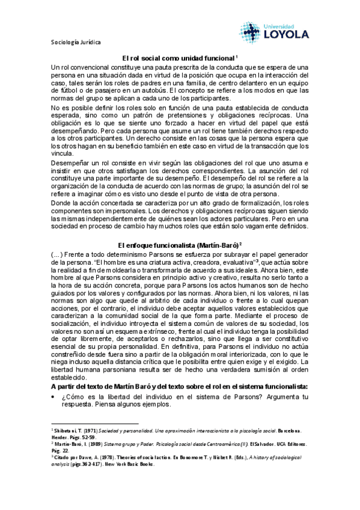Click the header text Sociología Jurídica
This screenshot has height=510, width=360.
click(75, 43)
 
